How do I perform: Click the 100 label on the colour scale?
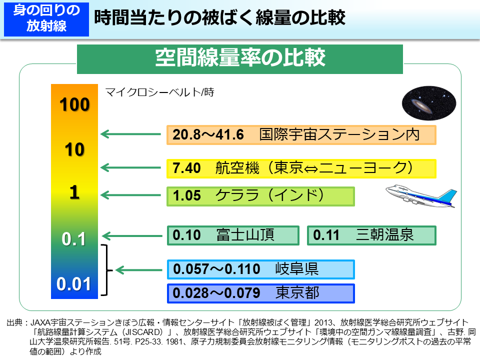click(x=74, y=105)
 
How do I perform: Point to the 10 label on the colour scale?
click(x=74, y=149)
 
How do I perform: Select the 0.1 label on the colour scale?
click(x=74, y=239)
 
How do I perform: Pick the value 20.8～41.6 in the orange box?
click(x=208, y=135)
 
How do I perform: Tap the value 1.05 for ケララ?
click(x=186, y=195)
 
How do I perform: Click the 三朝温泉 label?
click(x=385, y=235)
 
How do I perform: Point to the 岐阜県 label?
click(x=297, y=269)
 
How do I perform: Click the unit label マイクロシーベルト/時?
click(x=159, y=92)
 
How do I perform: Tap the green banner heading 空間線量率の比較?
click(x=240, y=57)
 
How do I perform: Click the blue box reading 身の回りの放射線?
click(x=46, y=18)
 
